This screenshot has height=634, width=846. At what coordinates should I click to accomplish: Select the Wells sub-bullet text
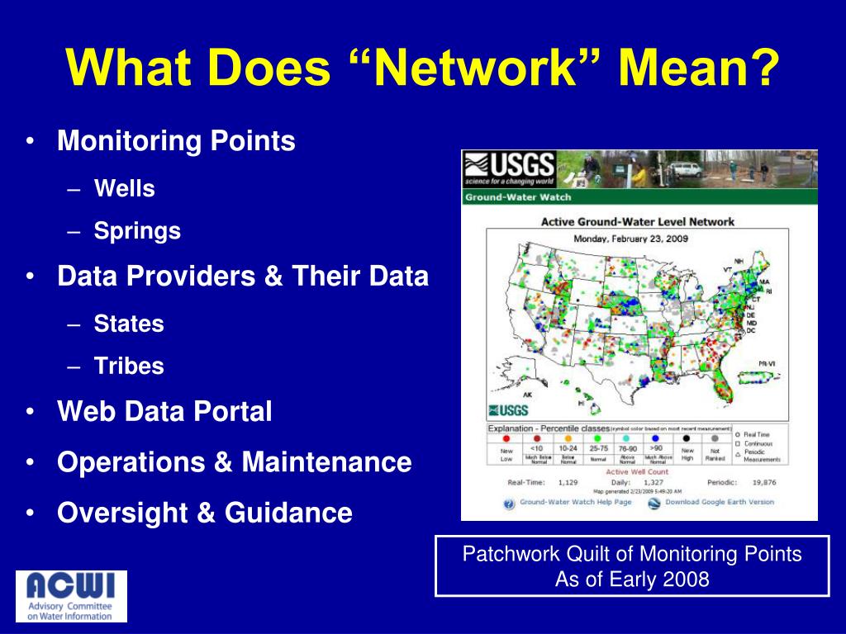(124, 188)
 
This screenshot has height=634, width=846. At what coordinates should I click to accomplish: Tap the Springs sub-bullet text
(137, 231)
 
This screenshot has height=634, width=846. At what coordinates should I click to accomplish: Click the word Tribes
(129, 366)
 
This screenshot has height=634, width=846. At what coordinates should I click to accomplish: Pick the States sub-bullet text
(129, 324)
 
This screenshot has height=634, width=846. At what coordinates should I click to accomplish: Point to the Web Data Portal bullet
(164, 411)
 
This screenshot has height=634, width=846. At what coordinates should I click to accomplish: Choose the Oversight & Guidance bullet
(205, 513)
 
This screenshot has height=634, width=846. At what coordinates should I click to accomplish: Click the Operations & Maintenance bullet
(234, 462)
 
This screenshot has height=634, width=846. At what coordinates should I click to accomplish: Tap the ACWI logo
(72, 595)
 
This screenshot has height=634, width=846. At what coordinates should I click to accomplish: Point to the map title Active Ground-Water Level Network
(637, 221)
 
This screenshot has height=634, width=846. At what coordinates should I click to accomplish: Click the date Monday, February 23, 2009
(637, 239)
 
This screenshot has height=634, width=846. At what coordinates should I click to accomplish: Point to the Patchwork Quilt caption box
(632, 565)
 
